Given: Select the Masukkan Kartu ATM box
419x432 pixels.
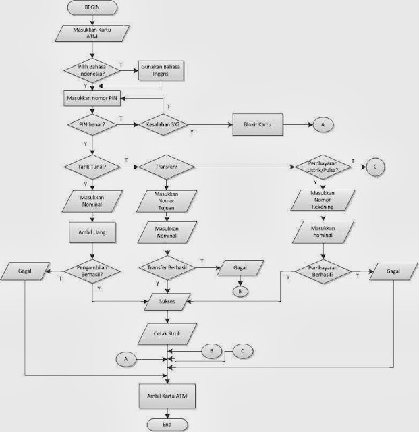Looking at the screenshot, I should point(92,34).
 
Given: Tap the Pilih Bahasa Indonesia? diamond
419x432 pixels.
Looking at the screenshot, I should point(92,70).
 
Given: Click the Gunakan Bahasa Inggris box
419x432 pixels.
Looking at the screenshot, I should point(161,70).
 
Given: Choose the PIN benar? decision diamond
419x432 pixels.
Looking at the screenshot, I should point(92,125).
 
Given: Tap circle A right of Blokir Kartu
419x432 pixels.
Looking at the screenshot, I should point(322,125).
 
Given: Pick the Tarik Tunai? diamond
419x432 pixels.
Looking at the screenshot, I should point(92,166).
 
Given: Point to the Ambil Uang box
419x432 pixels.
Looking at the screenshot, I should point(92,234).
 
